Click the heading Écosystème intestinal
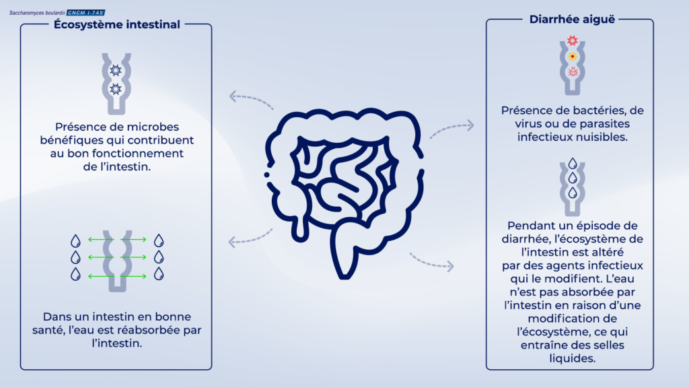pyautogui.click(x=116, y=25)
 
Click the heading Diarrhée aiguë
pyautogui.click(x=569, y=20)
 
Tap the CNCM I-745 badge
pyautogui.click(x=86, y=13)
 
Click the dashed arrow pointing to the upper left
pyautogui.click(x=251, y=99)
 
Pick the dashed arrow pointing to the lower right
pyautogui.click(x=431, y=261)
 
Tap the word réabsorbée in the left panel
pyautogui.click(x=143, y=329)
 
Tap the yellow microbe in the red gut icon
pyautogui.click(x=573, y=57)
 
